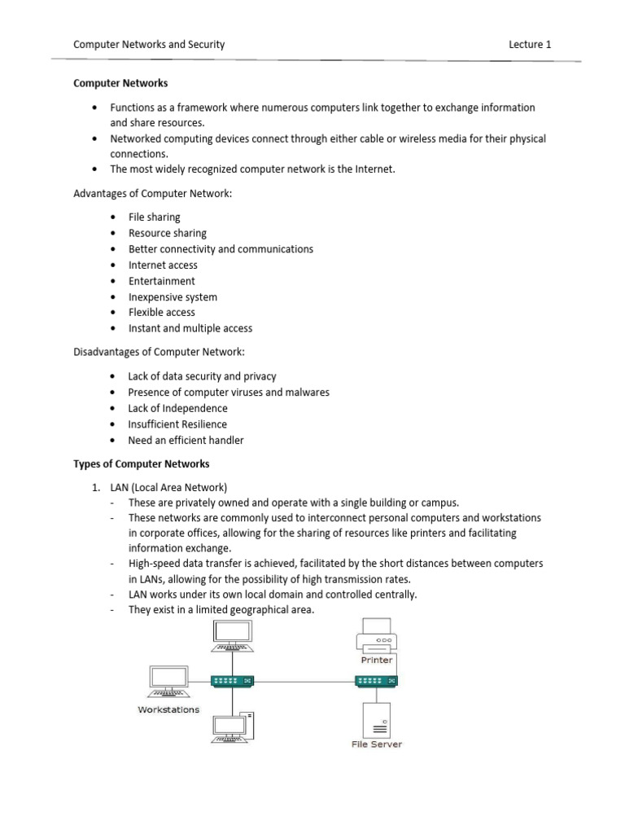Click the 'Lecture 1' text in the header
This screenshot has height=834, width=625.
[x=530, y=45]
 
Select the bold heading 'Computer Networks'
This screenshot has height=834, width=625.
[x=120, y=83]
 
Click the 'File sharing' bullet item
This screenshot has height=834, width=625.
[x=155, y=217]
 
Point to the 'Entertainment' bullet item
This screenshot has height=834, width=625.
[x=162, y=281]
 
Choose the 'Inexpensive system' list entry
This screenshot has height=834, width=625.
[x=173, y=297]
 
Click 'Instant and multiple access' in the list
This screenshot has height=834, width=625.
[x=190, y=329]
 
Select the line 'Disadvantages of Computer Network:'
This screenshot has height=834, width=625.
[x=159, y=352]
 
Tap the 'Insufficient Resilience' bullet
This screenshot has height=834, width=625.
[x=177, y=424]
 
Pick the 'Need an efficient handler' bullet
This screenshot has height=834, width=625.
[x=186, y=441]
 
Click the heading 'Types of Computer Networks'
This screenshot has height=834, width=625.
[x=142, y=464]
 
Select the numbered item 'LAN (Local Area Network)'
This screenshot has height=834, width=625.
[x=174, y=488]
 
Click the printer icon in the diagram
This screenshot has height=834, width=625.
[x=377, y=635]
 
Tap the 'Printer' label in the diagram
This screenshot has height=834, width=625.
[x=377, y=660]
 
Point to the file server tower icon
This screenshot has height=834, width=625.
[x=376, y=719]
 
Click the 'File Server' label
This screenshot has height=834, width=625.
[x=377, y=744]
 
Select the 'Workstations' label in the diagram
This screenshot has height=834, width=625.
[x=168, y=709]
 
